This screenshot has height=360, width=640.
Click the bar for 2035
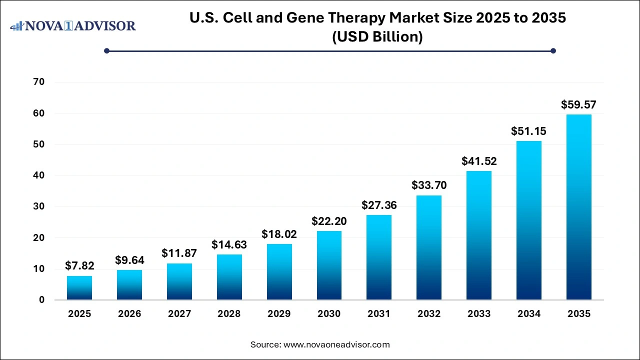click(x=578, y=207)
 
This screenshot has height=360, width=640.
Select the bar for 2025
click(x=79, y=287)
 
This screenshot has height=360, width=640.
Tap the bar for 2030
click(x=329, y=265)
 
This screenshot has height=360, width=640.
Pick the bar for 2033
click(x=479, y=235)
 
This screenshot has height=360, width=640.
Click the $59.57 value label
click(x=578, y=105)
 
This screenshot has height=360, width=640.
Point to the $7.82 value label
click(x=79, y=265)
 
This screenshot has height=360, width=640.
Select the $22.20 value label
click(x=329, y=220)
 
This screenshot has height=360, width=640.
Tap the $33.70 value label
click(x=429, y=185)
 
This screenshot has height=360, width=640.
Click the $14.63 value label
click(x=229, y=244)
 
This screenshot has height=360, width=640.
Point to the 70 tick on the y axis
click(x=38, y=82)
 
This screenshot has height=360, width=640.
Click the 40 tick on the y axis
click(x=38, y=175)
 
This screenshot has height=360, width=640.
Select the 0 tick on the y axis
click(x=41, y=300)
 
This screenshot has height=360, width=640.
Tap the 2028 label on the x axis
click(x=229, y=314)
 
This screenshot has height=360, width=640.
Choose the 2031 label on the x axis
click(x=379, y=314)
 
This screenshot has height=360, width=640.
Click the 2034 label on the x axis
click(x=528, y=314)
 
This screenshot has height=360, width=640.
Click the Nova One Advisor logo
click(x=73, y=25)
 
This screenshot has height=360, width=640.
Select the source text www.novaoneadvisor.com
click(x=336, y=344)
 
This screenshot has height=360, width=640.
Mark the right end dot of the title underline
click(x=553, y=50)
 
